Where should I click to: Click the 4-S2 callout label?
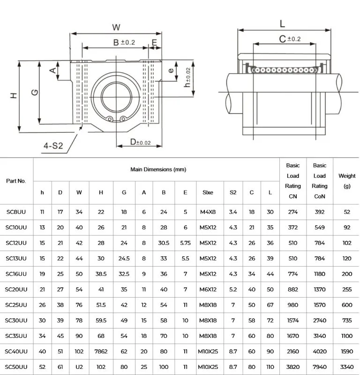[x=53, y=146]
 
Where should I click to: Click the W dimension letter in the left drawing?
[x=116, y=28]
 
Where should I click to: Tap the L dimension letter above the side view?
[x=282, y=23]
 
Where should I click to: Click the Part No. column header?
[x=16, y=181]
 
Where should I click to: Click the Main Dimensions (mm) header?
[x=158, y=169]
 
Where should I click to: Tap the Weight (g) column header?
[x=347, y=181]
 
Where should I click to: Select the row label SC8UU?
[x=16, y=212]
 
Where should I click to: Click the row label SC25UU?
[x=16, y=305]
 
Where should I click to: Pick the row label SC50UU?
[x=16, y=367]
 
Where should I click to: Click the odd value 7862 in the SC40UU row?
[x=101, y=351]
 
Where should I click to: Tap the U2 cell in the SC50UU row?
[x=79, y=367]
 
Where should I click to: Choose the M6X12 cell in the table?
[x=207, y=289]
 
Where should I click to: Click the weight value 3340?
[x=347, y=367]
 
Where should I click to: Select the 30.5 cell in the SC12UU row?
[x=164, y=243]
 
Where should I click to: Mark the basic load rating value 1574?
[x=292, y=320]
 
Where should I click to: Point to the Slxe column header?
[x=207, y=192]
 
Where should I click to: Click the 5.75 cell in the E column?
[x=185, y=243]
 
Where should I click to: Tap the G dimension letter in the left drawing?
[x=34, y=93]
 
